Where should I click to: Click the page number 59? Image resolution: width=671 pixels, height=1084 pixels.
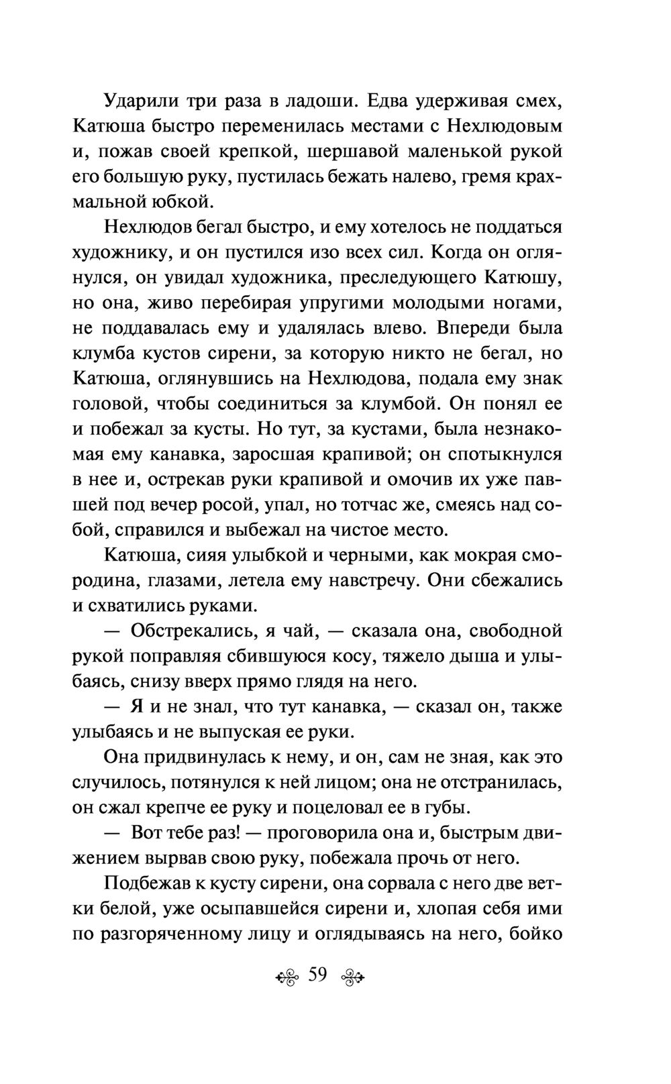click(x=317, y=975)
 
